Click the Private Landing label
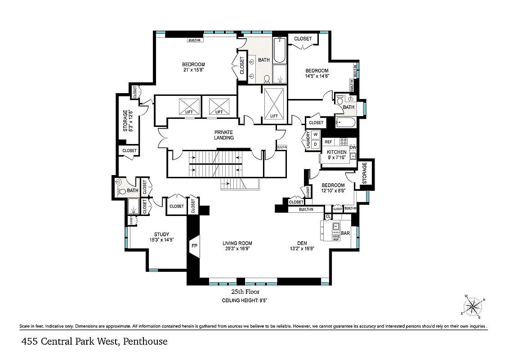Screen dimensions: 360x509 pyautogui.click(x=223, y=135)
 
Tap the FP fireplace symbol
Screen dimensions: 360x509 pyautogui.click(x=194, y=246)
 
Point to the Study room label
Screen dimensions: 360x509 pyautogui.click(x=161, y=234)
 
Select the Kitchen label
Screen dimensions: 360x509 pyautogui.click(x=336, y=152)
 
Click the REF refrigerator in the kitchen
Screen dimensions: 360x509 pyautogui.click(x=328, y=142)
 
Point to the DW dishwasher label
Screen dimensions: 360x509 pyautogui.click(x=353, y=147)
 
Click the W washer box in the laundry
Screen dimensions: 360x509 pyautogui.click(x=315, y=135)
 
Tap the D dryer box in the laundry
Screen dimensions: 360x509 pyautogui.click(x=315, y=144)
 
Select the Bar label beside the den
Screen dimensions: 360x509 pyautogui.click(x=345, y=234)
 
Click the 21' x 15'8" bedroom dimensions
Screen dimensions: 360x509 pyautogui.click(x=194, y=70)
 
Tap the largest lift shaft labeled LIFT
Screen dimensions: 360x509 pyautogui.click(x=274, y=103)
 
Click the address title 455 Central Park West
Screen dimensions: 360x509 pyautogui.click(x=94, y=342)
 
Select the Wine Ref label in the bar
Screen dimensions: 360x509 pyautogui.click(x=335, y=238)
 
